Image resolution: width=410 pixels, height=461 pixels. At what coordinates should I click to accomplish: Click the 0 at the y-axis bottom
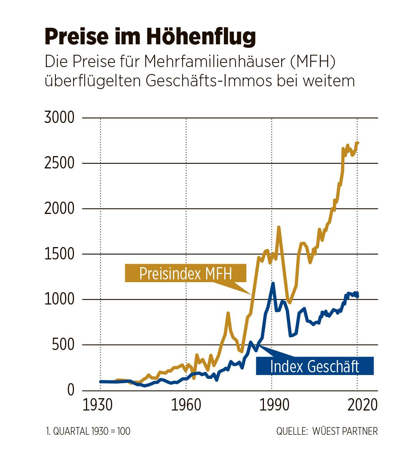tap(71, 390)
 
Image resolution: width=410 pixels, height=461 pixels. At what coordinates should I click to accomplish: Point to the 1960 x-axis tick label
tap(186, 405)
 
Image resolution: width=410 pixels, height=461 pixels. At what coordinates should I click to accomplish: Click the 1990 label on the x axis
tap(272, 405)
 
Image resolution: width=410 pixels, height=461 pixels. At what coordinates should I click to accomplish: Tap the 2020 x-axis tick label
tap(357, 405)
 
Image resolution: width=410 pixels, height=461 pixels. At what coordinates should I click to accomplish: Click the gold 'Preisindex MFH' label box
tap(185, 273)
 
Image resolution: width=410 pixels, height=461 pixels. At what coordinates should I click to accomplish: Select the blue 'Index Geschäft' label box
tap(314, 366)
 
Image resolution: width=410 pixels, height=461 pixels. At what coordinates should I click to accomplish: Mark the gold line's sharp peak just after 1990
tap(279, 227)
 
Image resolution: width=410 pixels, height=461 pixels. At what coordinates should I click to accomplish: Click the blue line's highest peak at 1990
tap(273, 283)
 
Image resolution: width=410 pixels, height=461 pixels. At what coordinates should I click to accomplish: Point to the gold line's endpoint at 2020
tap(358, 143)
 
